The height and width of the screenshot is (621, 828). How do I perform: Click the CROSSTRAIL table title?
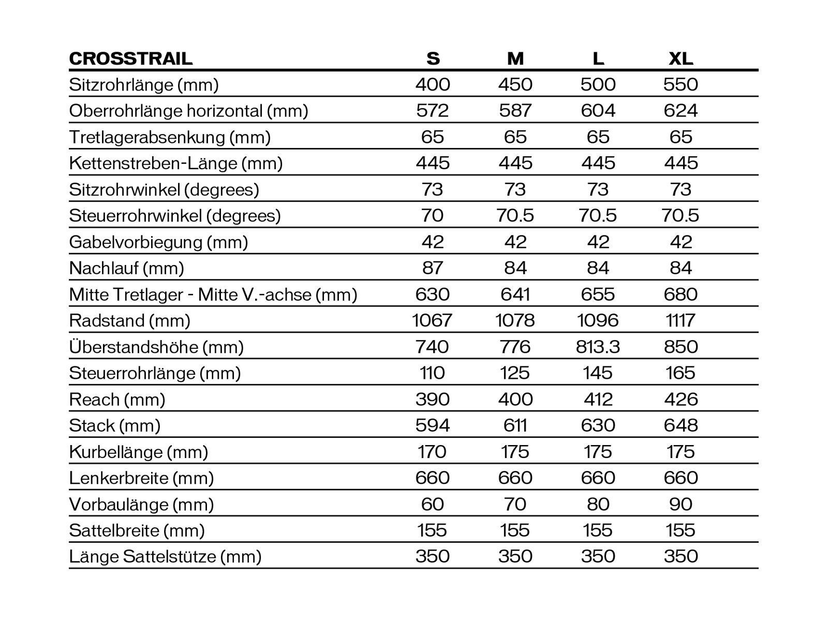click(130, 58)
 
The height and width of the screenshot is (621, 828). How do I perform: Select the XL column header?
click(681, 58)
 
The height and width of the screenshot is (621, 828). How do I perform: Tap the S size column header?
click(433, 58)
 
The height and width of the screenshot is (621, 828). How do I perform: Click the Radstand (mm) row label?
click(129, 321)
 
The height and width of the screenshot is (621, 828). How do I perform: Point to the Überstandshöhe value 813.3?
click(598, 347)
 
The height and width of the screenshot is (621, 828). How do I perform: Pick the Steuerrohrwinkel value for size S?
click(433, 215)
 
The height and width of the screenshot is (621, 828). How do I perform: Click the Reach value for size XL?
click(681, 399)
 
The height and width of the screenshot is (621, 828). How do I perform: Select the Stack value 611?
click(515, 425)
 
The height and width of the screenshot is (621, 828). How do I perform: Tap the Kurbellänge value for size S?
click(433, 452)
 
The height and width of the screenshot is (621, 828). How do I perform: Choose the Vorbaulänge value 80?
click(598, 504)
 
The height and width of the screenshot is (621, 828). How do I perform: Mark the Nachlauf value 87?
click(433, 268)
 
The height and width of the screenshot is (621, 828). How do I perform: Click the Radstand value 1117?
click(681, 321)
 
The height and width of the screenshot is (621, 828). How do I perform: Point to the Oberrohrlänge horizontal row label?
click(188, 111)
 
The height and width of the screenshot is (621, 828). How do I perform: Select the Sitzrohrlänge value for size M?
click(515, 84)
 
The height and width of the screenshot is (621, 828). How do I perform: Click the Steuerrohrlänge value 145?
click(598, 373)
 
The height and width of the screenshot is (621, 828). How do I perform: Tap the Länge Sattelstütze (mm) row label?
click(165, 557)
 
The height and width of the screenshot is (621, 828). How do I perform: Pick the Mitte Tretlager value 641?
click(515, 294)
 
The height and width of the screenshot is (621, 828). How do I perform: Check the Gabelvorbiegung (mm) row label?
click(158, 242)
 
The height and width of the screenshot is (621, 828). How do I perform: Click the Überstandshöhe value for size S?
click(433, 347)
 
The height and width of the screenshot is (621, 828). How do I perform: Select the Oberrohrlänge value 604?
click(598, 111)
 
